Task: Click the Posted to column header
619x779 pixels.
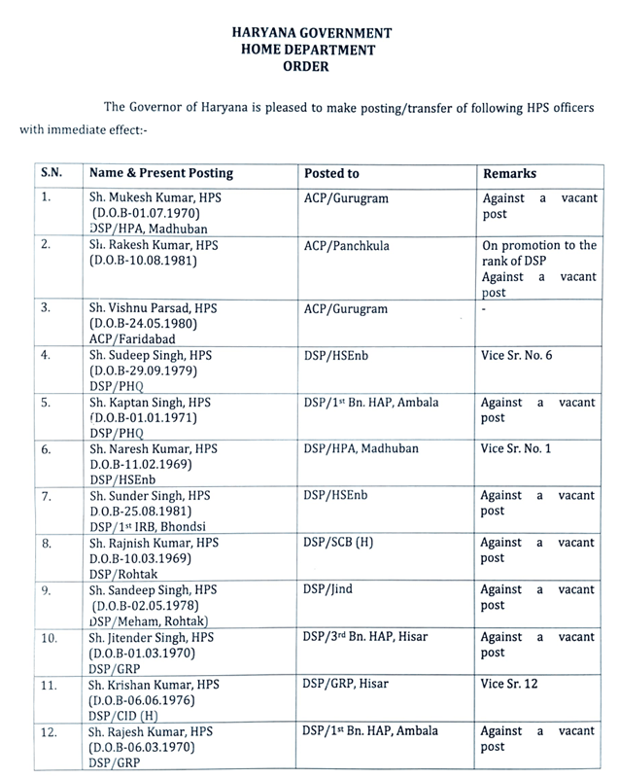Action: pyautogui.click(x=331, y=174)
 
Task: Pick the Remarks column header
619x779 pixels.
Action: pyautogui.click(x=509, y=174)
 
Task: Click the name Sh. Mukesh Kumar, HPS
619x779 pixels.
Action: pyautogui.click(x=152, y=196)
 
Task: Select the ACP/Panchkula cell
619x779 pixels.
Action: pyautogui.click(x=347, y=246)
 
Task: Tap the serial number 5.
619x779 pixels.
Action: pyautogui.click(x=45, y=401)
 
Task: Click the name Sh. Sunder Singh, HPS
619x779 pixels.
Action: pyautogui.click(x=151, y=495)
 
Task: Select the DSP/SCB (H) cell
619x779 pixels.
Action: pyautogui.click(x=338, y=543)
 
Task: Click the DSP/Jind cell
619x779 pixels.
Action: pyautogui.click(x=325, y=589)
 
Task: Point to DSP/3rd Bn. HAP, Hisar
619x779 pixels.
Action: pyautogui.click(x=364, y=636)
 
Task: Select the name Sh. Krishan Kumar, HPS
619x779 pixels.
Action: pyautogui.click(x=154, y=684)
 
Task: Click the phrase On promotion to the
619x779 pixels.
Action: pyautogui.click(x=539, y=245)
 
